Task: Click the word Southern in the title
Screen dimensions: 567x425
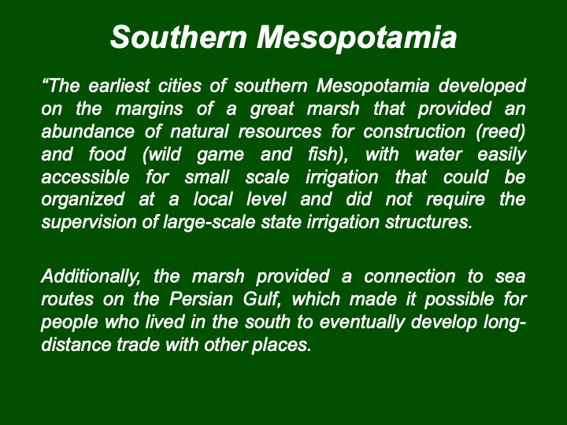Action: point(179,37)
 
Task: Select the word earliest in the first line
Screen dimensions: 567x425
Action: point(119,86)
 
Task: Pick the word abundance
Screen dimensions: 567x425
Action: point(88,131)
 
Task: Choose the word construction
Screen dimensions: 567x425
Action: point(414,131)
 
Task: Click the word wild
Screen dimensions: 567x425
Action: point(161,155)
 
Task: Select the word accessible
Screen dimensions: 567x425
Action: point(85,177)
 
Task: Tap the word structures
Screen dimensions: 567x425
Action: point(428,222)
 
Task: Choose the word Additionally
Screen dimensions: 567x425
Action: point(91,277)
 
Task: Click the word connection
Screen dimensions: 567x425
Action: point(409,277)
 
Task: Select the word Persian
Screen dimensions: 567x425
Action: point(201,300)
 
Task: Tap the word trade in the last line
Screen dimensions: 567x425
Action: point(138,345)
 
